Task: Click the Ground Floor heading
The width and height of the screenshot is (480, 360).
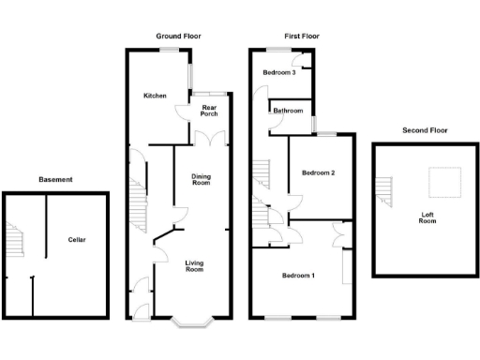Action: tap(178, 36)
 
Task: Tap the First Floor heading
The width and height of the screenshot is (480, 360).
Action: tap(296, 36)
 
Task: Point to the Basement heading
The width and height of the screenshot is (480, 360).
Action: tap(55, 179)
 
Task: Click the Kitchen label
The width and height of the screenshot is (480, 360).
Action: tap(155, 96)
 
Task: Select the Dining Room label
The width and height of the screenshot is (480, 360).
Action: tap(201, 180)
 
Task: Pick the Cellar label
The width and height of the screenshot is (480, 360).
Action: tap(77, 240)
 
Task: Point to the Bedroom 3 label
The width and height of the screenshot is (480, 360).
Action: tap(279, 72)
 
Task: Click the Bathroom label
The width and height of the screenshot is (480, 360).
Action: tap(288, 111)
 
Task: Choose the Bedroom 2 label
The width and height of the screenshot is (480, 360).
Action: tap(319, 172)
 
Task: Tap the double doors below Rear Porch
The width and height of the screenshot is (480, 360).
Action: tap(210, 138)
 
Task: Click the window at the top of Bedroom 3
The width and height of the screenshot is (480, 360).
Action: tap(279, 49)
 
